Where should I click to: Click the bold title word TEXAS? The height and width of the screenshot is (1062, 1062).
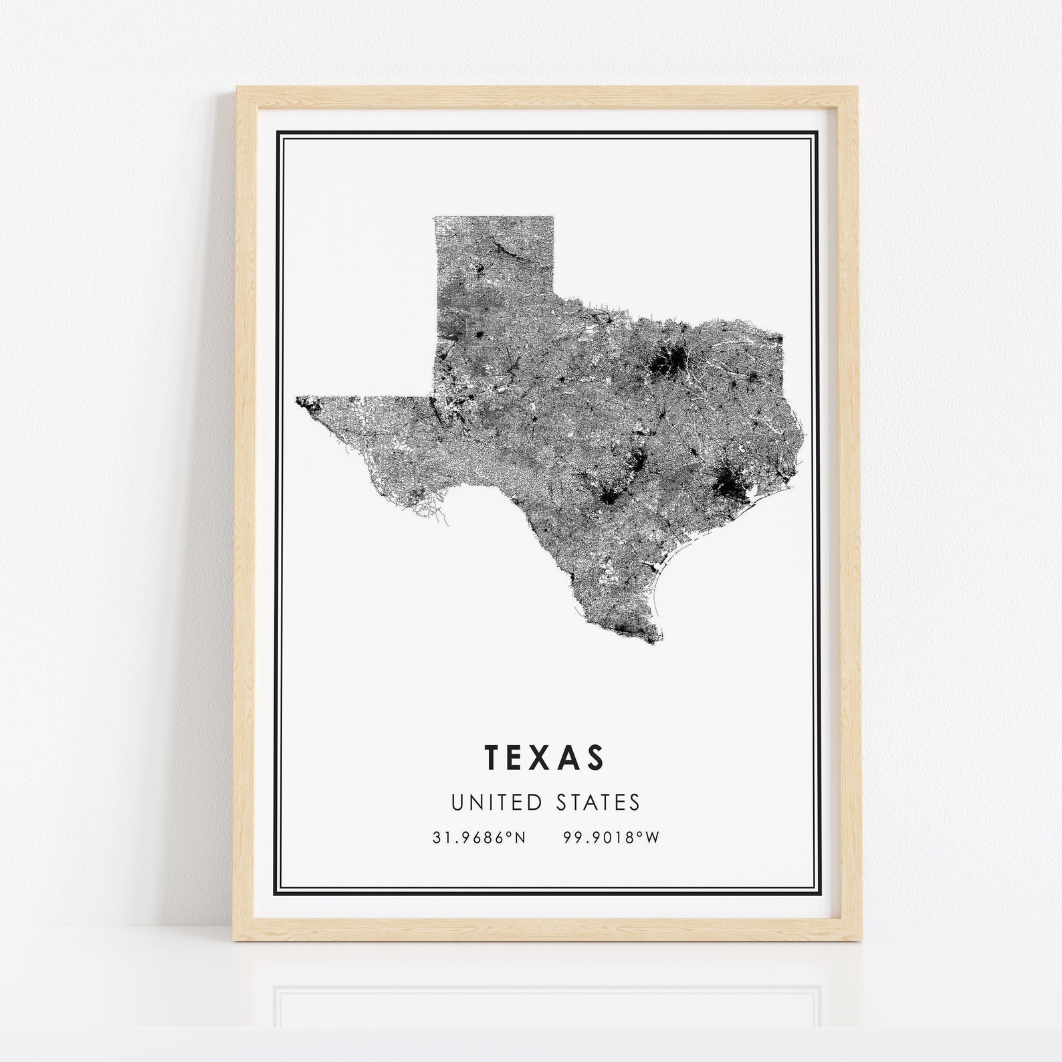point(544,757)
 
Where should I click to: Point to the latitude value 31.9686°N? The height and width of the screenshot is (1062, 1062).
point(479,837)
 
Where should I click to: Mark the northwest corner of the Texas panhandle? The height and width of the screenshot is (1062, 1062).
point(435,217)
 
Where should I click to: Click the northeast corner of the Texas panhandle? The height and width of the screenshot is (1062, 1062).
point(553,217)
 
